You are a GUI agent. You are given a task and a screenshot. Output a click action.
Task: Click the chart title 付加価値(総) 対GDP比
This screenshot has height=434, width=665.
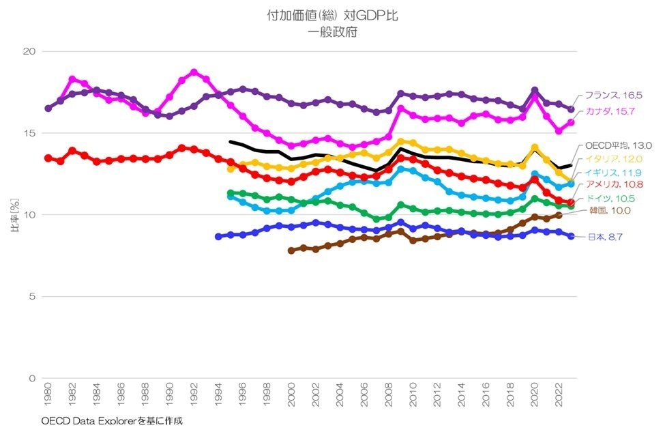click(332, 16)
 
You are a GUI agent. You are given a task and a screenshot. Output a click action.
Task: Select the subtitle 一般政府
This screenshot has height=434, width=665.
click(332, 31)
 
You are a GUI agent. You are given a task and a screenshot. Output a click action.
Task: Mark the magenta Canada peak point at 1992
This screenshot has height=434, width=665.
click(194, 72)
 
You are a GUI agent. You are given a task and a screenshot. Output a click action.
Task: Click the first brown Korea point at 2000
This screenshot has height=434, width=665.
click(291, 250)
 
